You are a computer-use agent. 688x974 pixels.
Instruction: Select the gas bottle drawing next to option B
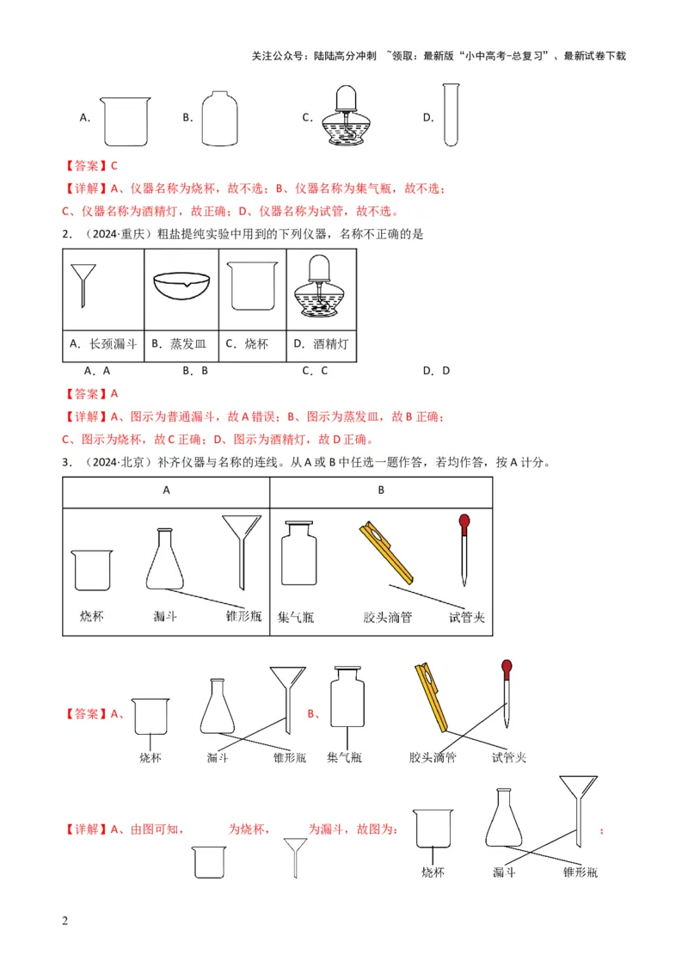[x=220, y=119]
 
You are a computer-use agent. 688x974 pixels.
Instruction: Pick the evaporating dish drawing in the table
[x=181, y=286]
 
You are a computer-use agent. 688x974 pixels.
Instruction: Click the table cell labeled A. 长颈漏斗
[x=102, y=344]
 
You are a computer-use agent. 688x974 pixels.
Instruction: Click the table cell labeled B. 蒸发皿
[x=180, y=344]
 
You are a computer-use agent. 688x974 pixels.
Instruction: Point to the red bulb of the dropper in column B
[x=464, y=521]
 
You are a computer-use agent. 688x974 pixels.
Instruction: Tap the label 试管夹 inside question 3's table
[x=467, y=617]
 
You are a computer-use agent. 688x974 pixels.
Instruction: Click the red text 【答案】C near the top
[x=89, y=166]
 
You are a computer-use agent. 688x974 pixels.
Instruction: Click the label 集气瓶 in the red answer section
[x=344, y=758]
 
